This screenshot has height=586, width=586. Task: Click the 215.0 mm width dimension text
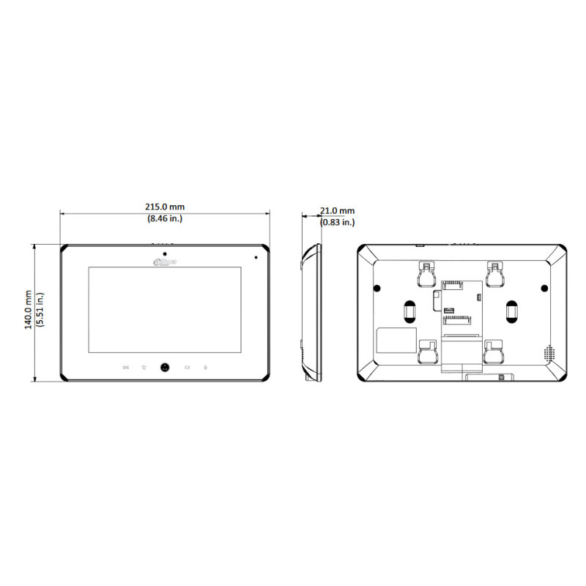point(165,207)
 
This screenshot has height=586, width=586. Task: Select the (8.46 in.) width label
point(165,218)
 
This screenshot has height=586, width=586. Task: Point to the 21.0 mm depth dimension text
point(336,211)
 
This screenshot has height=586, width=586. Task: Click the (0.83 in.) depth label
point(337,221)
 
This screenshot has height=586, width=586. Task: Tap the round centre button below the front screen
point(165,368)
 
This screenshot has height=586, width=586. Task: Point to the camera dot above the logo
point(165,253)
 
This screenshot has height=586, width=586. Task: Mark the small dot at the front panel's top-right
point(256,257)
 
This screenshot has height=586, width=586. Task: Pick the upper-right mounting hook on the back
point(496,275)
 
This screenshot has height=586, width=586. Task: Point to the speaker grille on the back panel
point(548,352)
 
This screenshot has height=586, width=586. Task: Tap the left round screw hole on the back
point(378,287)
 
